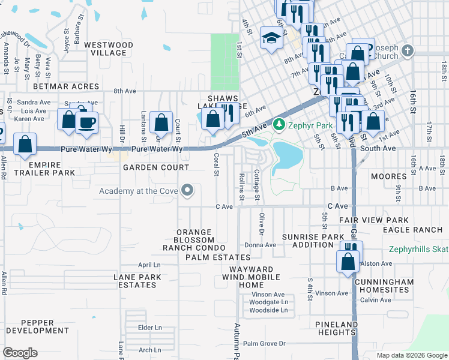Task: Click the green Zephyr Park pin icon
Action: pos(278,125)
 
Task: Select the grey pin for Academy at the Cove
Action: pos(187,191)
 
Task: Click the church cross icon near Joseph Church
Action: pos(408,50)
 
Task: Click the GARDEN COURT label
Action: pos(156,167)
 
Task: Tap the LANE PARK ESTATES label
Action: pos(135,281)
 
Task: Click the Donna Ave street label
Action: pos(260,245)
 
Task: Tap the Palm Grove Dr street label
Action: pos(264,344)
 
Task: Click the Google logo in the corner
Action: pos(20,353)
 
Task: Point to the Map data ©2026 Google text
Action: pos(411,355)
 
